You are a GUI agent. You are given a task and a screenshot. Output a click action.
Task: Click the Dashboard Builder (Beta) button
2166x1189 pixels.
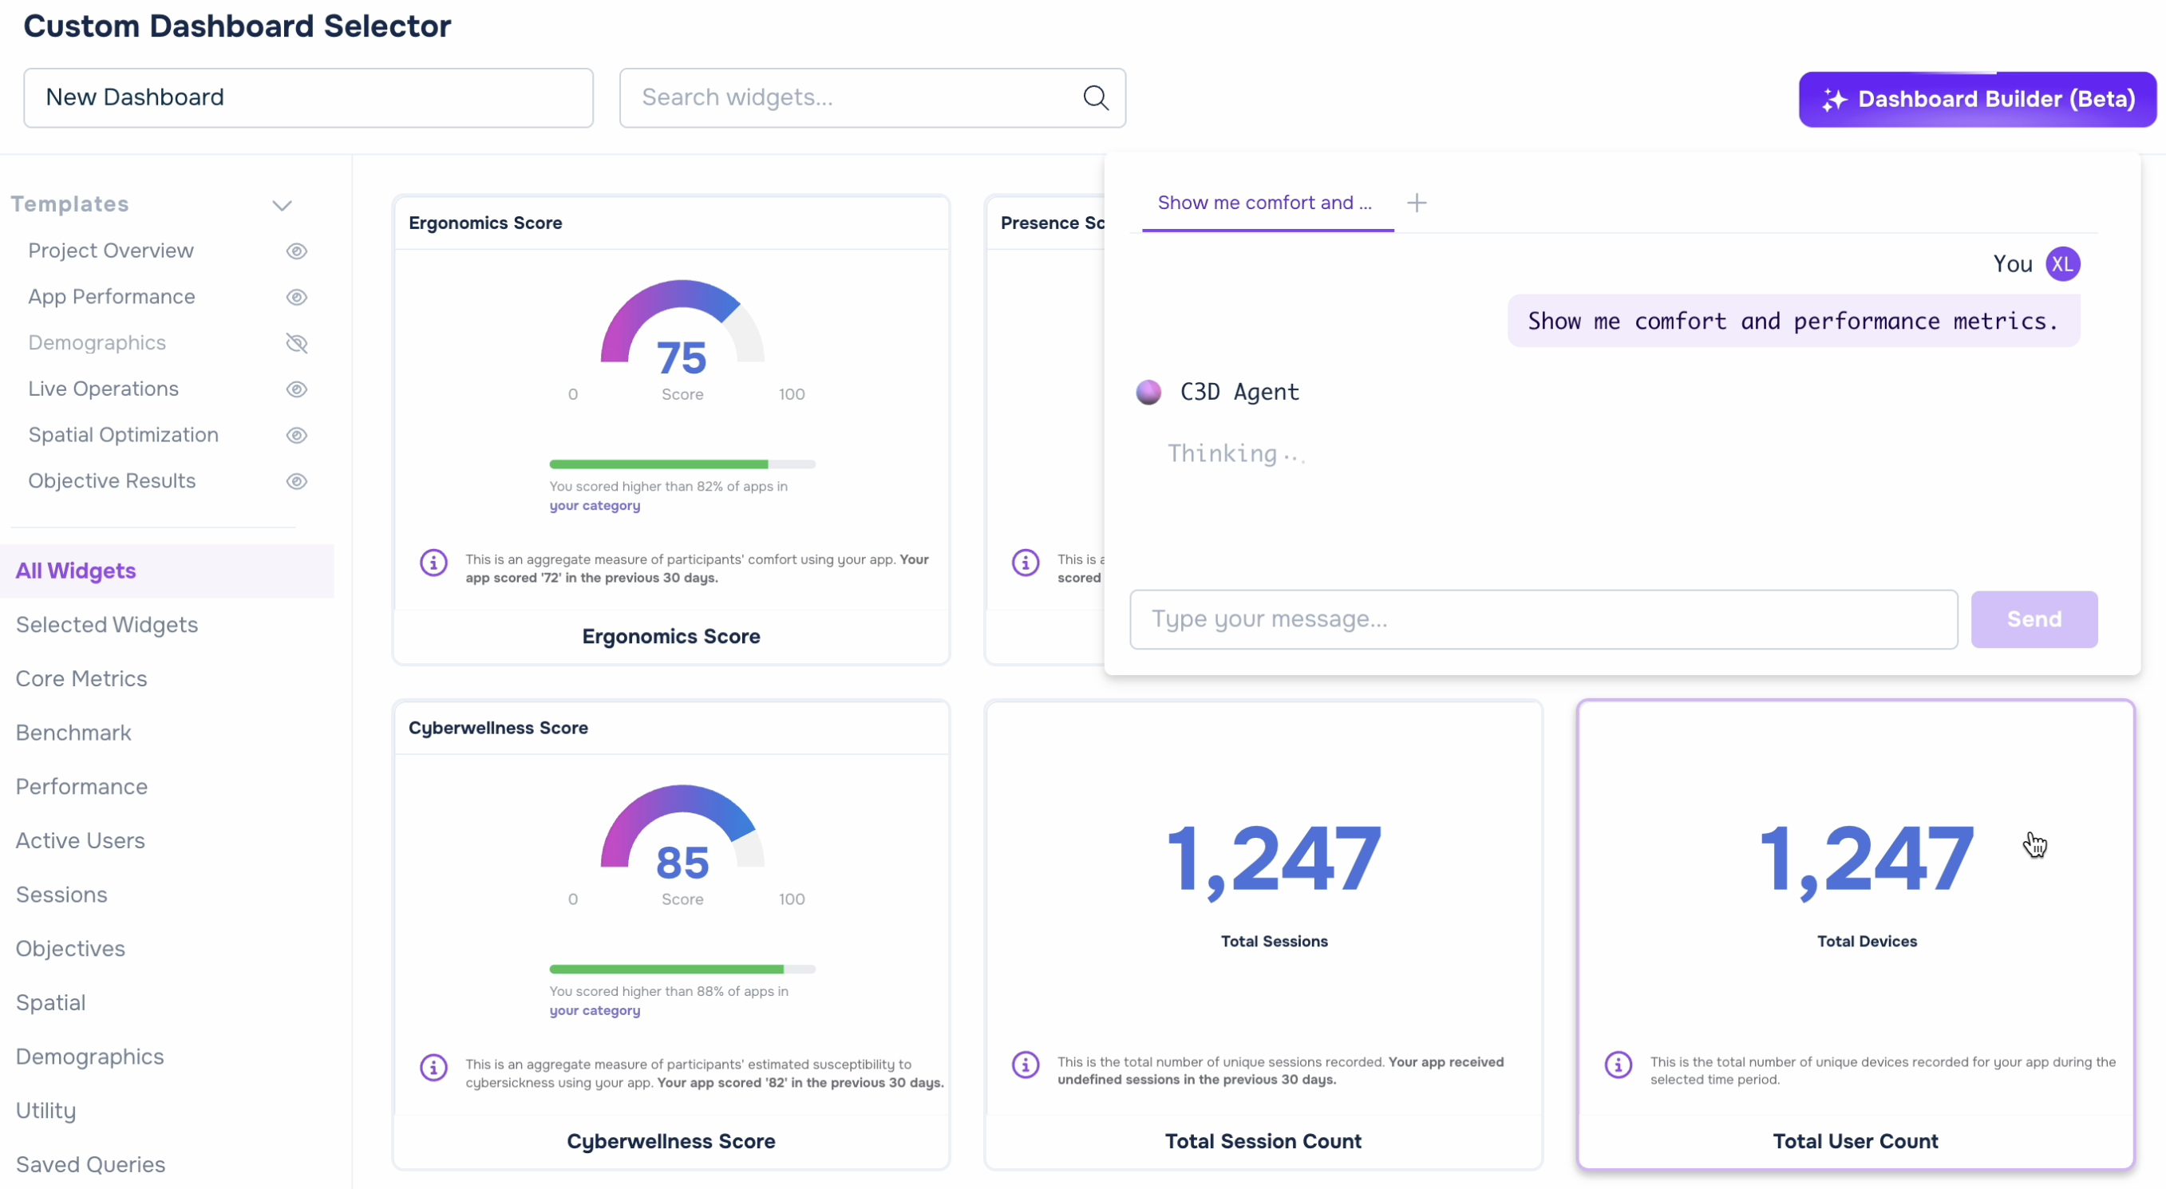pyautogui.click(x=1977, y=99)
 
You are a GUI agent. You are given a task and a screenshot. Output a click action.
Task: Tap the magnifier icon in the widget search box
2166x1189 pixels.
pyautogui.click(x=1096, y=97)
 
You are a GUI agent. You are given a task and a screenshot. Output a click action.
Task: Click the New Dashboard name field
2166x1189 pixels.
pyautogui.click(x=309, y=97)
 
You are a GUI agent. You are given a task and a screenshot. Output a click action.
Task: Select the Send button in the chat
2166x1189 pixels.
pyautogui.click(x=2034, y=620)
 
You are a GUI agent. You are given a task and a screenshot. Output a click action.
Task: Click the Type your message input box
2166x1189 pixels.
pyautogui.click(x=1543, y=620)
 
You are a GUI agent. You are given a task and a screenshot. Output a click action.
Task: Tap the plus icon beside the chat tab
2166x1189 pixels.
pyautogui.click(x=1417, y=203)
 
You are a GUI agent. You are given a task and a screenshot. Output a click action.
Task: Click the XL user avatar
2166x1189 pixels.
pyautogui.click(x=2063, y=264)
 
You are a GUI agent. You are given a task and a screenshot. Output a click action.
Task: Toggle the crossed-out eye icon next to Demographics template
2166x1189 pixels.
pyautogui.click(x=297, y=343)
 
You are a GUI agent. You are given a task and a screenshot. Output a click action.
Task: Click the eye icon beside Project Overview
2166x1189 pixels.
pyautogui.click(x=297, y=251)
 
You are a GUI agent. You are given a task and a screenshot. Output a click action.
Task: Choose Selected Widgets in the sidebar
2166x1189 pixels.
pyautogui.click(x=107, y=625)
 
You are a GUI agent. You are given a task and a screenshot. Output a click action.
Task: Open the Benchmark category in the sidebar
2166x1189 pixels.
pyautogui.click(x=73, y=733)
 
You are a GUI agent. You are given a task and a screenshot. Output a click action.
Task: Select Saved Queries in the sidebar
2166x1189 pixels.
pyautogui.click(x=91, y=1164)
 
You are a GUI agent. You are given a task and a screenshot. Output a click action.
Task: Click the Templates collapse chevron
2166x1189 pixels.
pyautogui.click(x=283, y=205)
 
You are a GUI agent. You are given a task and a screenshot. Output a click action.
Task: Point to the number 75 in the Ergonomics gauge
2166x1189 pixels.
pyautogui.click(x=682, y=357)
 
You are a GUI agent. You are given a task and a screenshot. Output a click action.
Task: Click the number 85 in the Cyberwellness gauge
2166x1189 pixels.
pyautogui.click(x=682, y=863)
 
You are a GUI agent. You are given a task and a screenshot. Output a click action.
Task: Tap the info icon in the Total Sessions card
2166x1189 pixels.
pyautogui.click(x=1026, y=1065)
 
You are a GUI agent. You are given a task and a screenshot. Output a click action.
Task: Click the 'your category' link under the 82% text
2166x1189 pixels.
pyautogui.click(x=595, y=505)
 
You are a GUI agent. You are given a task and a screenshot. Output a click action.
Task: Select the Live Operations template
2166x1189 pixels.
pyautogui.click(x=104, y=389)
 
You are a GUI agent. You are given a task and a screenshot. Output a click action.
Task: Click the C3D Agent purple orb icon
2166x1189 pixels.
pyautogui.click(x=1149, y=392)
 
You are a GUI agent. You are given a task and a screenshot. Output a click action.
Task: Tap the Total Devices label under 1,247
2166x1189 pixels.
pyautogui.click(x=1867, y=942)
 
